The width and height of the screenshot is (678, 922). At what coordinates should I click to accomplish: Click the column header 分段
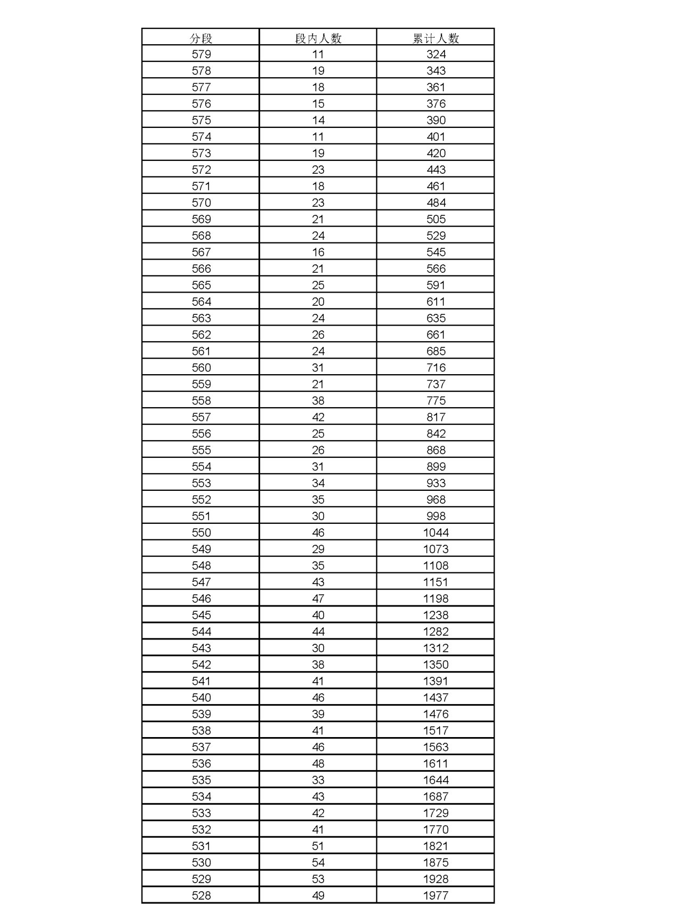pos(201,38)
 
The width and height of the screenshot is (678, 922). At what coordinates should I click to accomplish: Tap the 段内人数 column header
pos(318,38)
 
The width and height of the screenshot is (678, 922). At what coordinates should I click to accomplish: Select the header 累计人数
pos(435,38)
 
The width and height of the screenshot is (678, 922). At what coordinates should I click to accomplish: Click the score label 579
pos(201,54)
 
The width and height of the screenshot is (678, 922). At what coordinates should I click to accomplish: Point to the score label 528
pos(201,895)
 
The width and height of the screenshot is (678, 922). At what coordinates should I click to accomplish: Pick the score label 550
pos(201,532)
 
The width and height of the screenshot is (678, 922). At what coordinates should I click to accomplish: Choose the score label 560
pos(201,368)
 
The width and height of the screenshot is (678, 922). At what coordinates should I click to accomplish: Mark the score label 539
pos(201,714)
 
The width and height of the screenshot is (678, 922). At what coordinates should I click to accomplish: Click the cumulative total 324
pos(435,54)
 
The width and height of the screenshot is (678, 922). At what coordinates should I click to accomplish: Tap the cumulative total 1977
pos(435,895)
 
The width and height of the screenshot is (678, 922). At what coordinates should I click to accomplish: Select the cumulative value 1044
pos(435,532)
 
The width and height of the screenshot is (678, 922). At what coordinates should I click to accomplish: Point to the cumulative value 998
pos(435,516)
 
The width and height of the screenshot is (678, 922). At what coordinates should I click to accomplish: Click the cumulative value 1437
pos(435,698)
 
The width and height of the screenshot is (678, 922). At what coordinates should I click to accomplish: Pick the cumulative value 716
pos(435,368)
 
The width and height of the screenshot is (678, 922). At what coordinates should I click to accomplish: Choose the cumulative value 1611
pos(435,764)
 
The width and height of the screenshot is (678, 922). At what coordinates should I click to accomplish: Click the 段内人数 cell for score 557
pos(318,417)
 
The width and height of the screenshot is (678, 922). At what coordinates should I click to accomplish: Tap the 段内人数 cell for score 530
pos(318,862)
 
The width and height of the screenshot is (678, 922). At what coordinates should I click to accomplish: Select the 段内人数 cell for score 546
pos(318,599)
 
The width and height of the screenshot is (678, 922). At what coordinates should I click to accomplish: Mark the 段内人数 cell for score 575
pos(318,120)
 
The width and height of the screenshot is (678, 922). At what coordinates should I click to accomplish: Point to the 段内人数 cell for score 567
pos(318,252)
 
